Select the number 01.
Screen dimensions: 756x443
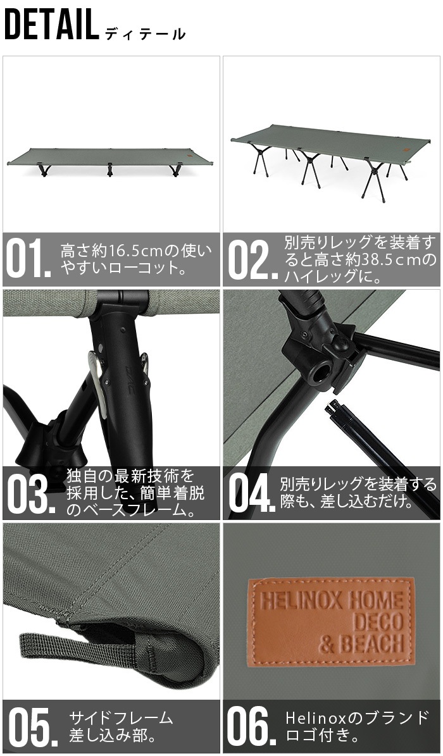(x=28, y=259)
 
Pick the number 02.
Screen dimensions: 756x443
(x=251, y=259)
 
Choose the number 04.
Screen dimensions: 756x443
(x=251, y=493)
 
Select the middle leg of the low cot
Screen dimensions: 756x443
(x=110, y=169)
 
